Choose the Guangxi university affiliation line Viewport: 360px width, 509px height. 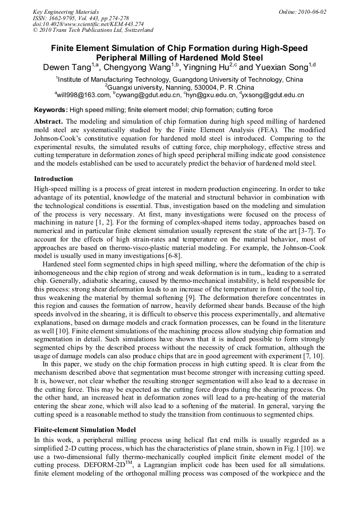pos(179,87)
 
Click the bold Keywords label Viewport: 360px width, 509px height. pos(51,110)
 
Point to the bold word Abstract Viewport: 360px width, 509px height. pos(49,122)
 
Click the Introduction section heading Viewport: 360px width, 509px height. pos(54,179)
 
